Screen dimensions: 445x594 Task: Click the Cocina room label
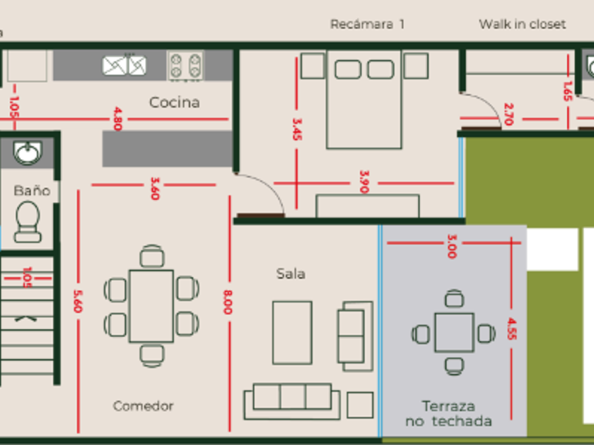[174, 102]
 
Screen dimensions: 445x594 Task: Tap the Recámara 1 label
[367, 24]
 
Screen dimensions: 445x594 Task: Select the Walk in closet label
[522, 24]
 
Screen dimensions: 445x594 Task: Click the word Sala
[291, 273]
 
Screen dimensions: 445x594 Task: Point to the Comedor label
[143, 406]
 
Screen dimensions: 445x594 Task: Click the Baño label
[32, 191]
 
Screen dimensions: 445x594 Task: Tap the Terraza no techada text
[448, 414]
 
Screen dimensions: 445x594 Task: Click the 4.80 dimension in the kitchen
[117, 119]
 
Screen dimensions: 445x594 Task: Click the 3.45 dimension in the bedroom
[296, 129]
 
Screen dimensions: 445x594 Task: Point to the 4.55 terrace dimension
[511, 329]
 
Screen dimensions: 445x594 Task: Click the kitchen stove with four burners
[185, 66]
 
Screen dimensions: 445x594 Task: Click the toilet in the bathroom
[28, 221]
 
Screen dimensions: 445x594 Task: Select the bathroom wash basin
[28, 152]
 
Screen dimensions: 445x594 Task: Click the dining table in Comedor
[151, 305]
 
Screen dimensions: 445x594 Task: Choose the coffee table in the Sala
[292, 332]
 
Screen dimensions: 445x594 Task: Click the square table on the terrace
[454, 333]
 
